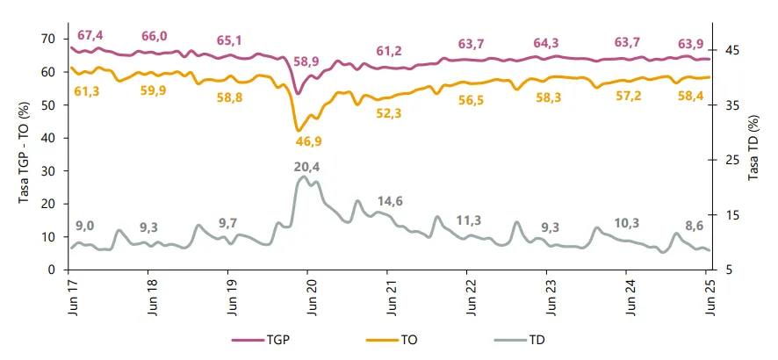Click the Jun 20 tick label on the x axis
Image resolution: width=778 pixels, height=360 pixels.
(310, 297)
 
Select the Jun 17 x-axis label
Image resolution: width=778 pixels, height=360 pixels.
(70, 297)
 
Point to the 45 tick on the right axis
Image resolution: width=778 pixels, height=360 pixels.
(727, 50)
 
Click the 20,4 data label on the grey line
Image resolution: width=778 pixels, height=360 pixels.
(306, 167)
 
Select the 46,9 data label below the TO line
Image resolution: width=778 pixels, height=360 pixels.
(307, 140)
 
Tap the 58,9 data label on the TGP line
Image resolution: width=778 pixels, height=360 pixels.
(306, 61)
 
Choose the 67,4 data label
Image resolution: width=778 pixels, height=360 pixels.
(90, 35)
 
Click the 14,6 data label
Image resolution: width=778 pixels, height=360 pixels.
(389, 201)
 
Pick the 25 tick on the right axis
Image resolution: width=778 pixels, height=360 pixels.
(727, 160)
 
